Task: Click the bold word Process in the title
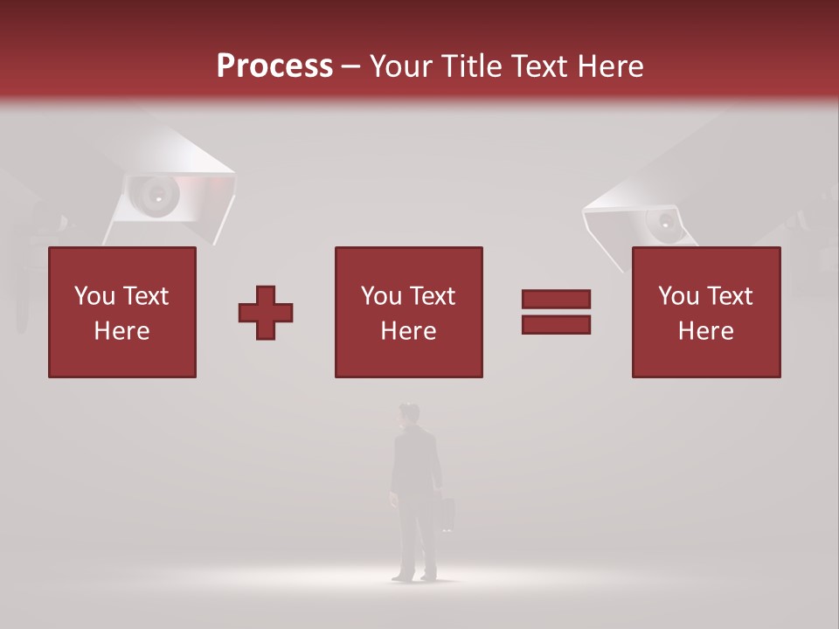click(274, 66)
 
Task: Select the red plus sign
click(266, 313)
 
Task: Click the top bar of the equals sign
click(556, 300)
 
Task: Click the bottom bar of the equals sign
click(556, 325)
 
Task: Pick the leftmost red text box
click(122, 313)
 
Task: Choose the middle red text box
click(408, 313)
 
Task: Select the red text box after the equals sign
click(705, 313)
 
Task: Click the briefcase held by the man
click(447, 515)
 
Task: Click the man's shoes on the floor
click(414, 577)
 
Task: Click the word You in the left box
click(94, 296)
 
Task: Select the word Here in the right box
click(705, 331)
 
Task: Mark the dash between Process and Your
click(351, 66)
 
